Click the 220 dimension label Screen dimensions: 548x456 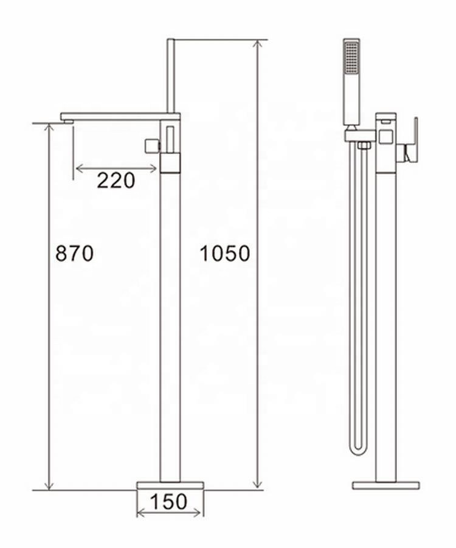click(116, 180)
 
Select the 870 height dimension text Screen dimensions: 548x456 click(74, 253)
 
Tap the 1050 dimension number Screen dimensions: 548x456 click(225, 253)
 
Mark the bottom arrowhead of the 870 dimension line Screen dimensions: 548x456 click(49, 485)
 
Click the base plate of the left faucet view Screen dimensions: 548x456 click(170, 485)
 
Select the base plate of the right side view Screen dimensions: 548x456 click(385, 485)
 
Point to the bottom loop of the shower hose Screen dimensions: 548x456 click(358, 450)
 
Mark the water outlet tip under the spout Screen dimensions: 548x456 click(67, 122)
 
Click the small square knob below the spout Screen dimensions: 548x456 click(151, 146)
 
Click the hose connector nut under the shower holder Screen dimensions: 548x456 click(364, 145)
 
